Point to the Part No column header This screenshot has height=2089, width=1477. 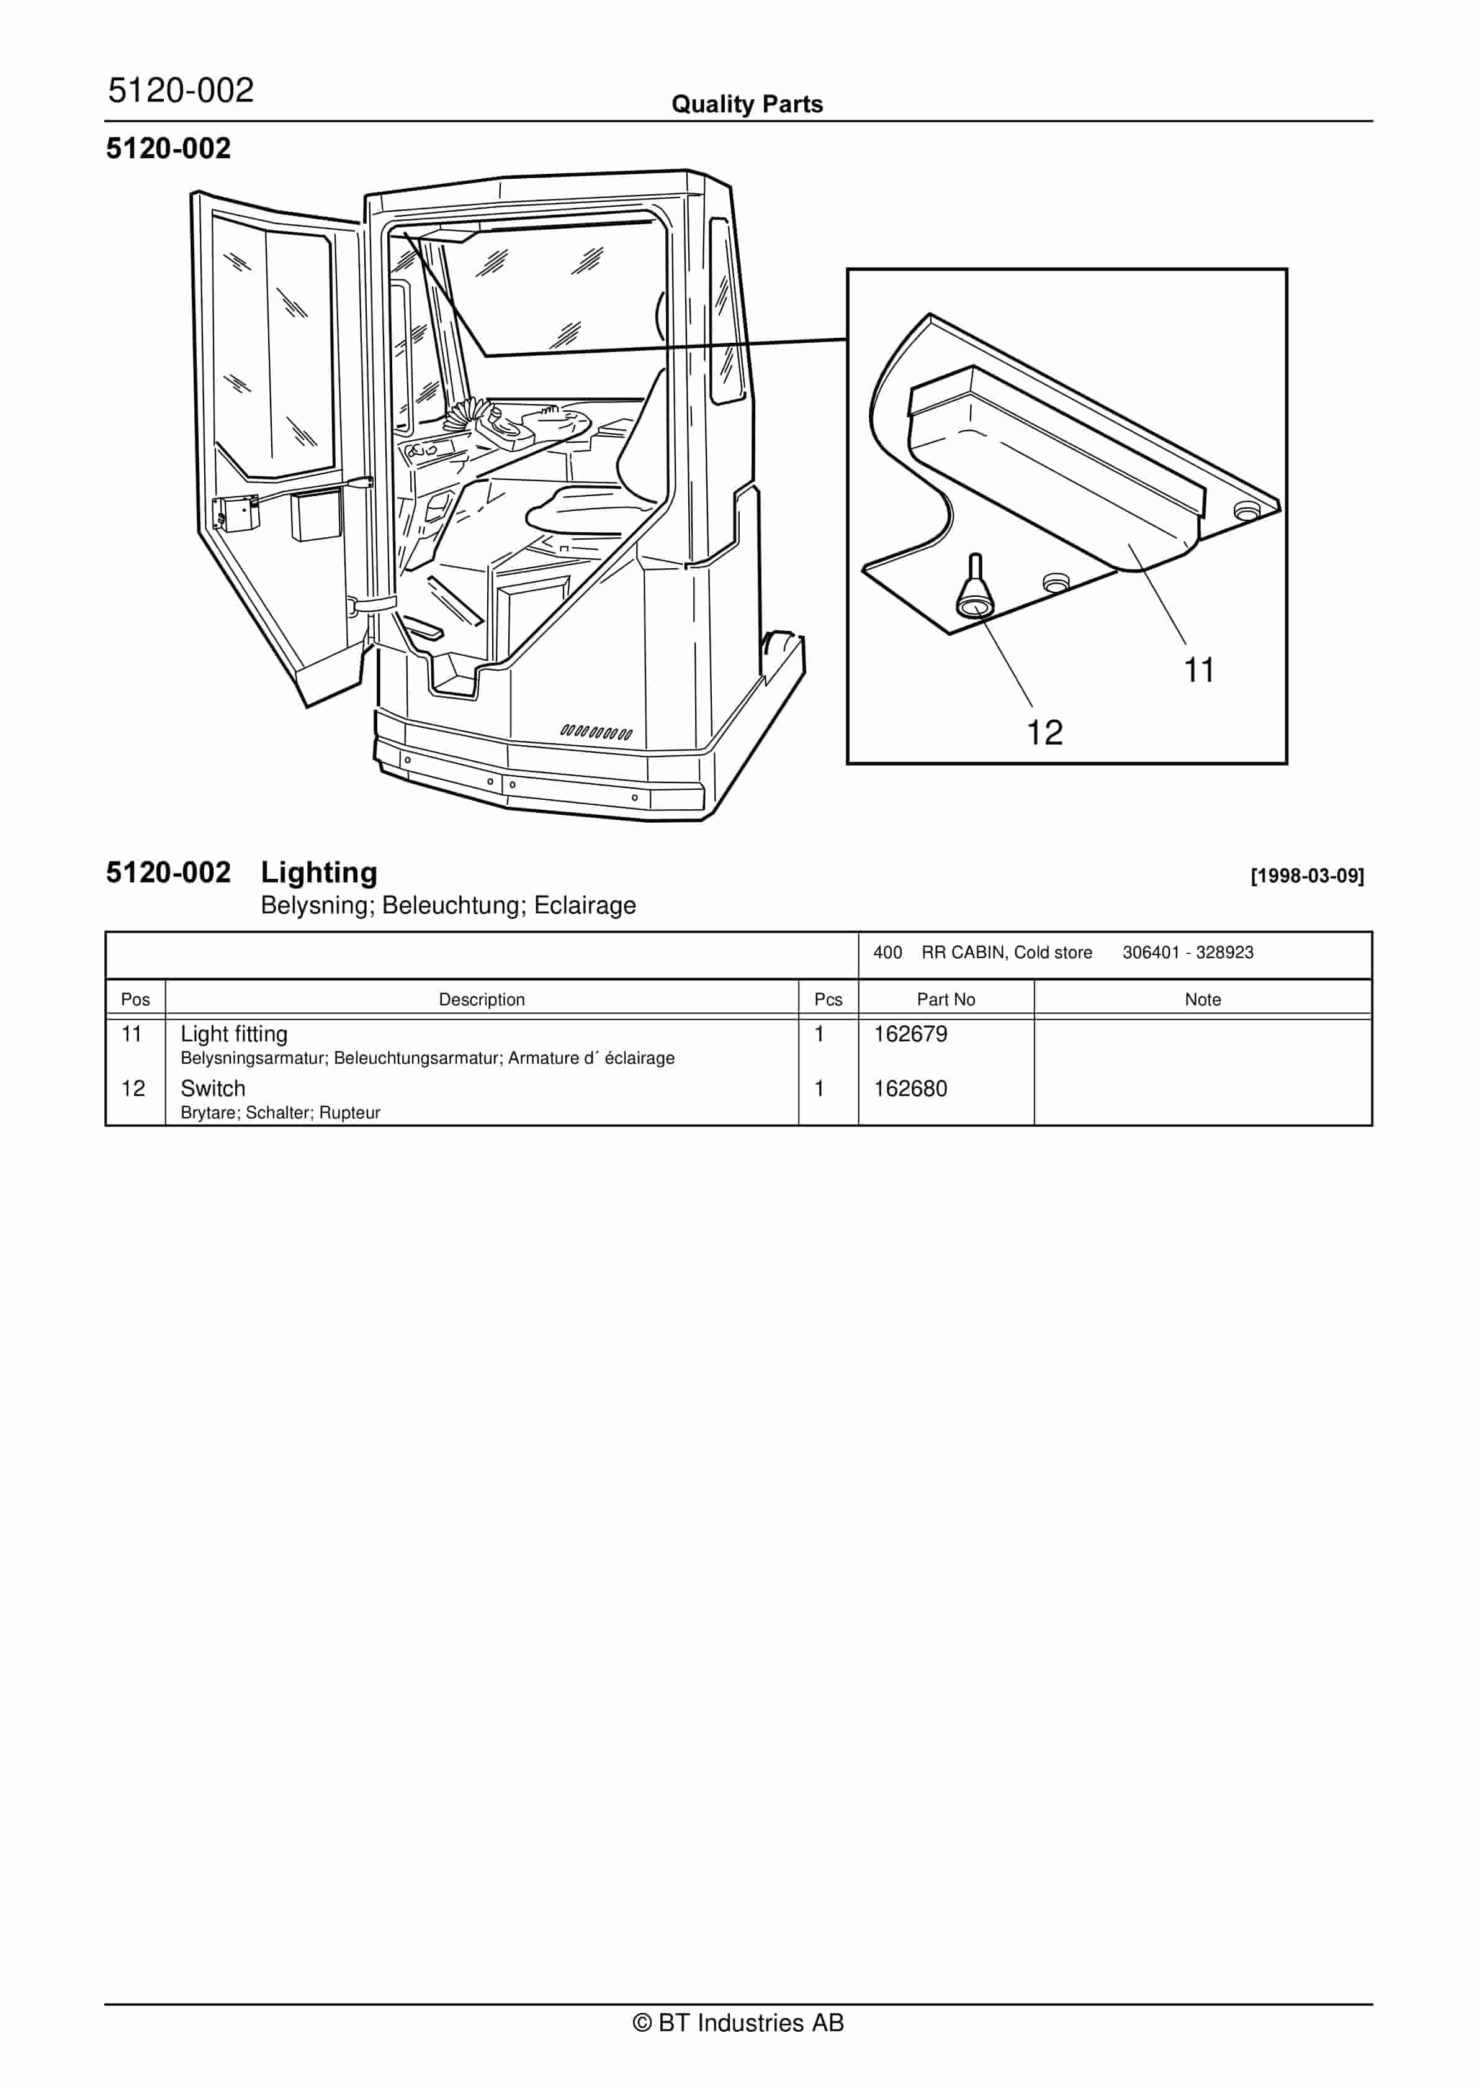(945, 999)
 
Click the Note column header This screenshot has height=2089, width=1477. (1202, 999)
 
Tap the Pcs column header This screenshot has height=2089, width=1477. (828, 999)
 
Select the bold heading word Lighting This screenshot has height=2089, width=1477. (318, 872)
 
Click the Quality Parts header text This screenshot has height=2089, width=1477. (747, 104)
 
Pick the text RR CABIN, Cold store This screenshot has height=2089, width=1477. (1006, 953)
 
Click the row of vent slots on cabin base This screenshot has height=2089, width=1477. (596, 732)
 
